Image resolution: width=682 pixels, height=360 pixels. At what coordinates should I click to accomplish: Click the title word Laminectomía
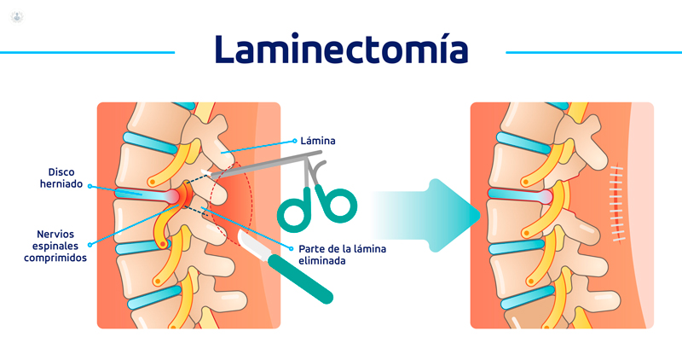pos(340,50)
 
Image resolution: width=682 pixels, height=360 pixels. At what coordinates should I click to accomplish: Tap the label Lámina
pos(317,139)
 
